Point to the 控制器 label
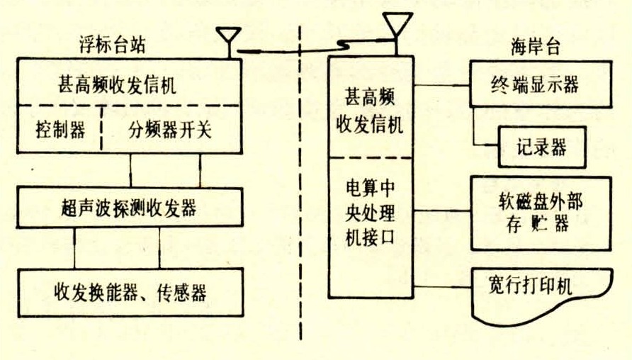click(x=60, y=130)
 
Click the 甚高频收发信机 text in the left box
click(x=118, y=89)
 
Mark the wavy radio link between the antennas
click(x=312, y=49)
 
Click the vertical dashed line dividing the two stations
click(x=303, y=184)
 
